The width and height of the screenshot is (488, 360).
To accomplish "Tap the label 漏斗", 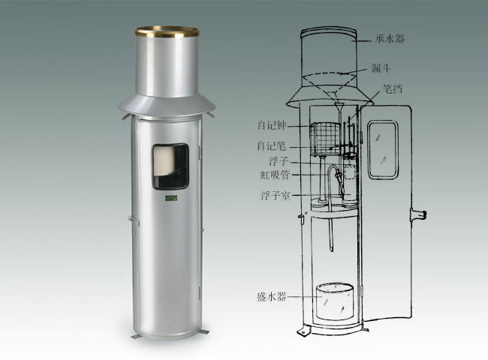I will tap(381, 67).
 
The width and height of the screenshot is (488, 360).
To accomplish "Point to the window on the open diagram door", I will tap(384, 142).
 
